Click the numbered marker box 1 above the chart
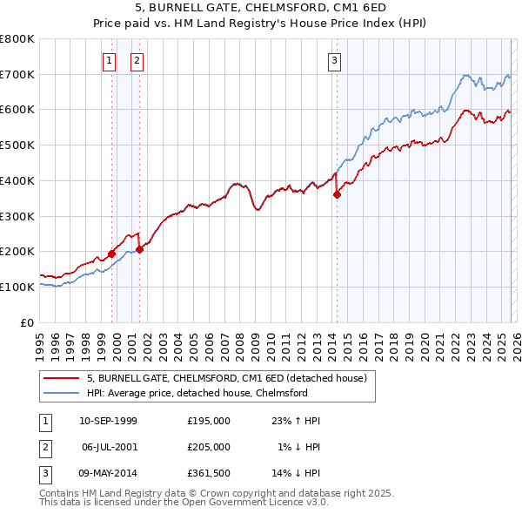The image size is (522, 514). pos(109,60)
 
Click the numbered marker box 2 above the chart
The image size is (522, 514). pos(137,60)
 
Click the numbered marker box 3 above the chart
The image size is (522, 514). pos(334,60)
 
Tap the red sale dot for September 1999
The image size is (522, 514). pos(111,254)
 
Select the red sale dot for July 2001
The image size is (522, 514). pos(139,250)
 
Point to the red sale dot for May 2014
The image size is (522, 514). pos(337,194)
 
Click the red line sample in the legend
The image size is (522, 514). pos(61,378)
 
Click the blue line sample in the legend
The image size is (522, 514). pos(61,393)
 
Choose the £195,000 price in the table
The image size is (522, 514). pos(209,421)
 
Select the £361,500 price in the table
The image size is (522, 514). pos(209,473)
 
